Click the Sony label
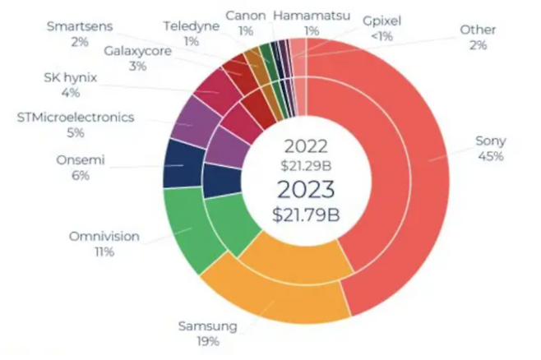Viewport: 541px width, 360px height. (x=491, y=141)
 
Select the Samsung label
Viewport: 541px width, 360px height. (x=208, y=326)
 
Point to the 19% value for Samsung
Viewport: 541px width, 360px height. (x=208, y=340)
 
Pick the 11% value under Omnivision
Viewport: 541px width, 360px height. (x=103, y=252)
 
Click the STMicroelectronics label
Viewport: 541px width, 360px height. (x=75, y=117)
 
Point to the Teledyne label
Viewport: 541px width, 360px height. (x=191, y=26)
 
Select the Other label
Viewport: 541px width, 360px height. (x=478, y=30)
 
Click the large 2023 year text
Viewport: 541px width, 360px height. (x=305, y=189)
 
